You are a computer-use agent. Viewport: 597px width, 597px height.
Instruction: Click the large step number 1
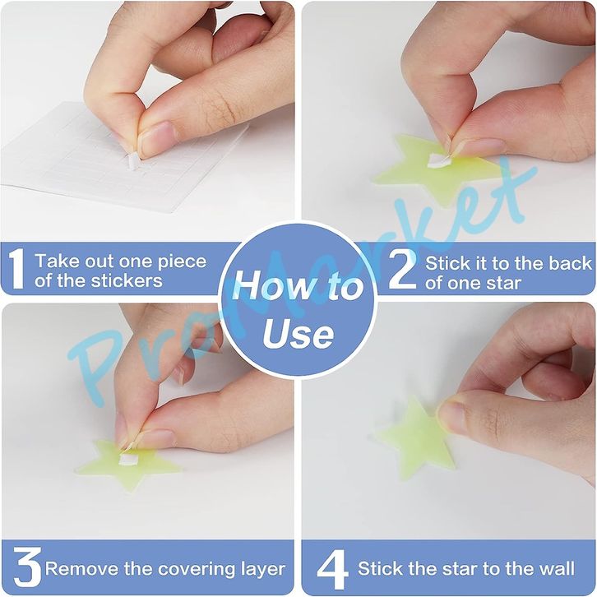click(16, 270)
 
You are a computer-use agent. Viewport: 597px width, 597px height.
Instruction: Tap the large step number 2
click(403, 270)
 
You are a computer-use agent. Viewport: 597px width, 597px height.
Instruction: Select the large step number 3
click(26, 567)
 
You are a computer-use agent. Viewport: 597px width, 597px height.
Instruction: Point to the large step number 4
click(332, 570)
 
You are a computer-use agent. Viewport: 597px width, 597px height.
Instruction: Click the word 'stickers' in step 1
click(127, 281)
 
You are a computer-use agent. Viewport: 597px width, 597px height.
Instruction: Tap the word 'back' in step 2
click(571, 263)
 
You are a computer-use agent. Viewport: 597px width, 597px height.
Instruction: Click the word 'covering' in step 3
click(197, 570)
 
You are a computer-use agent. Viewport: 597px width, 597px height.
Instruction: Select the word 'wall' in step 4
click(558, 568)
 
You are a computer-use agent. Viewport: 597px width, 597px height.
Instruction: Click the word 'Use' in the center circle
click(298, 335)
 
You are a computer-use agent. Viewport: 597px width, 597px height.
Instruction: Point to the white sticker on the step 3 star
click(125, 458)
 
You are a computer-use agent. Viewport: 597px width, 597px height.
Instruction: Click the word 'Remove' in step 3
click(81, 569)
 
